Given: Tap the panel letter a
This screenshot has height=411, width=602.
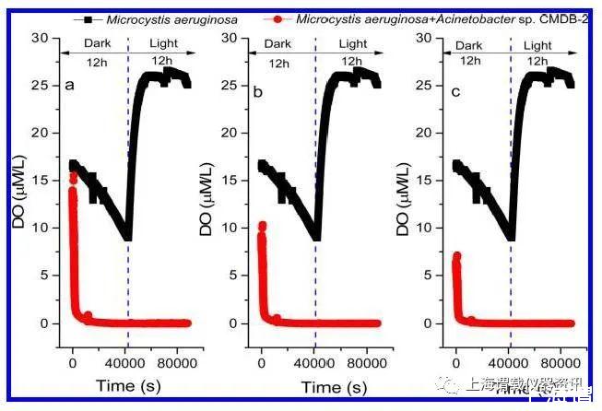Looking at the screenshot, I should coord(69,86).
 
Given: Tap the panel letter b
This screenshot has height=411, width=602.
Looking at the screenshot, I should coord(258,93).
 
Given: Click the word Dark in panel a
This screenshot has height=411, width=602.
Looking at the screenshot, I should coord(96,43).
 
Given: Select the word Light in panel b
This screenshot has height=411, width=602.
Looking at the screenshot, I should coord(352,44).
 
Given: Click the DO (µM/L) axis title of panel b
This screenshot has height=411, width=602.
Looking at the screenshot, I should coord(208,203).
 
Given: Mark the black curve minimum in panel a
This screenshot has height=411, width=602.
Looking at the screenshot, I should coord(127,238).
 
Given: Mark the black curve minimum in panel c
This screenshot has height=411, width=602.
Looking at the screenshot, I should coord(510,238).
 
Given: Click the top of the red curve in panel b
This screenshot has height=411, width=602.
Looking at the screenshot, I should coord(262,225).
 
